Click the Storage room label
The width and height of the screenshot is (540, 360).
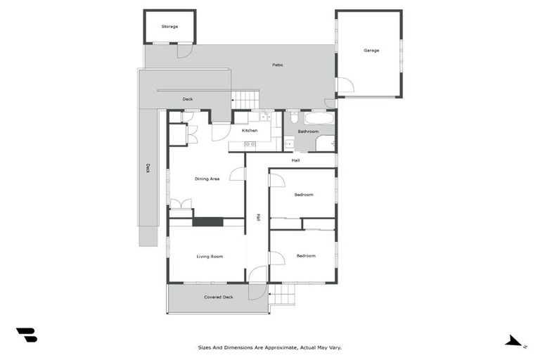pos(169,27)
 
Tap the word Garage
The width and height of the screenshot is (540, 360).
pos(371,50)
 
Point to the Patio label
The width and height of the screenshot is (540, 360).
pos(278,65)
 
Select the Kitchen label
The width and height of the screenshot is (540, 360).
pos(250,131)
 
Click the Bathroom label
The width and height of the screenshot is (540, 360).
pos(308,131)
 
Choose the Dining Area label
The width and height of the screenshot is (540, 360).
pos(207,179)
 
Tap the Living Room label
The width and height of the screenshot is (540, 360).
pos(209,257)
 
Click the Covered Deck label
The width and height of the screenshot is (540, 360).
pos(218,297)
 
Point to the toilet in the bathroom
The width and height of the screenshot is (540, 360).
pos(292,119)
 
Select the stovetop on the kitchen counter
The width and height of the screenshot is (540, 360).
pos(250,145)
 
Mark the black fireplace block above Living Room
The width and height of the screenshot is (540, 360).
pos(208,222)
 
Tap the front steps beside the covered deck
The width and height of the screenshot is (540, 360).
pos(283,294)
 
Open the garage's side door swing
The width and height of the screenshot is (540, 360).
pos(345,86)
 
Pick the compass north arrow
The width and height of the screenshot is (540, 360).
pos(514,341)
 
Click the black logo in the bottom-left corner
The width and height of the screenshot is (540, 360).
pos(27,335)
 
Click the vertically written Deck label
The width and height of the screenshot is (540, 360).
pos(148,168)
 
